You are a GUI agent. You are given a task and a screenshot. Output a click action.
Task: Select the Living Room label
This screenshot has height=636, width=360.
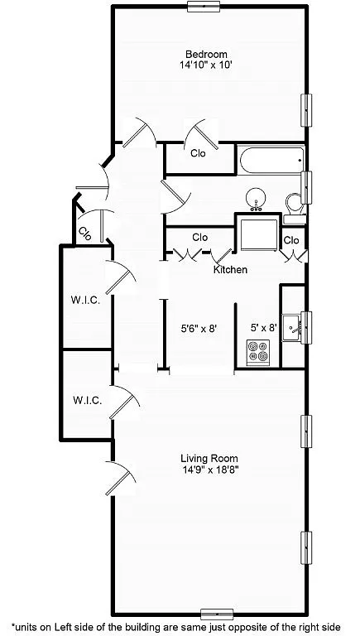[x=209, y=458]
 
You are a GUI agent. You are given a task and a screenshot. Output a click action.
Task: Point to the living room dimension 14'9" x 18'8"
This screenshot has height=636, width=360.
[x=209, y=470]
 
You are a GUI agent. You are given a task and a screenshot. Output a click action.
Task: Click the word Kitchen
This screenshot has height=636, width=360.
[x=230, y=270]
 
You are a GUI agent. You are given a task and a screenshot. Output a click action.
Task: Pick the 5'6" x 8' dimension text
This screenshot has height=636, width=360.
[x=199, y=329]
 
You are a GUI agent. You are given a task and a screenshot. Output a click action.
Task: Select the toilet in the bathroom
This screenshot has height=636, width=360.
[x=293, y=202]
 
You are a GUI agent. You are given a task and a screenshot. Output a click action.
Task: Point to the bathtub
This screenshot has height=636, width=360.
[x=271, y=160]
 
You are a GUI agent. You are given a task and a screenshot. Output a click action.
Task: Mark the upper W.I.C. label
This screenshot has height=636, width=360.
[x=86, y=301]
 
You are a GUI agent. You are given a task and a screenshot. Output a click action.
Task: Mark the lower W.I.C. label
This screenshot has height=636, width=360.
[x=87, y=400]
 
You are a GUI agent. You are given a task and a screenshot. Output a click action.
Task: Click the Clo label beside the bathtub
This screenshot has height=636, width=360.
[x=198, y=153]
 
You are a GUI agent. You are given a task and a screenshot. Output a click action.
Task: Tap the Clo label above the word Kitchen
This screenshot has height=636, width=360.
[x=199, y=238]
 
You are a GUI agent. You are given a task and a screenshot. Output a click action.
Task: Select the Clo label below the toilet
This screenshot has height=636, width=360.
[x=291, y=240]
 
